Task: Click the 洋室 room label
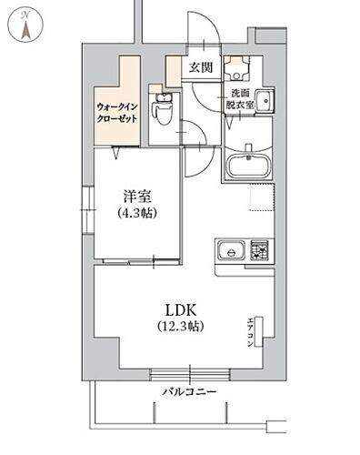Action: point(137,197)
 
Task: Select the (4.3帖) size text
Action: point(137,215)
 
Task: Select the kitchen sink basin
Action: point(228,249)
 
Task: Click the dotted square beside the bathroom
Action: point(259,199)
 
